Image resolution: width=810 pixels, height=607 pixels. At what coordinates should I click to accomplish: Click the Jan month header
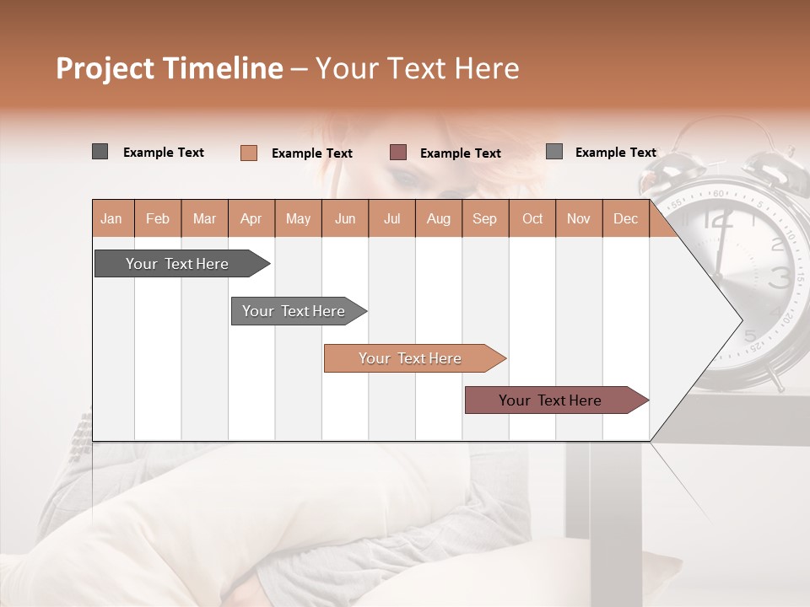(111, 218)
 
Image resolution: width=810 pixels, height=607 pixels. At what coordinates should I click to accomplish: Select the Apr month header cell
(251, 218)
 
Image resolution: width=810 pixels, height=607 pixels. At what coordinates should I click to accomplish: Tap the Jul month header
(391, 218)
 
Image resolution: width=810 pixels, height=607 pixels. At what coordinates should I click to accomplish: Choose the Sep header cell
(484, 218)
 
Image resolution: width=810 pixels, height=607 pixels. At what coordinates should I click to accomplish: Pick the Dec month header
(625, 218)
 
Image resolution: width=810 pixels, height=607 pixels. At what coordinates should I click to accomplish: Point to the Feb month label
(158, 218)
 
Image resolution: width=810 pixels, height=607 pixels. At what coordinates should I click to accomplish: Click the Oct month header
(532, 218)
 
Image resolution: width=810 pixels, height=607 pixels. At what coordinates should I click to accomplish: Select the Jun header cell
(345, 218)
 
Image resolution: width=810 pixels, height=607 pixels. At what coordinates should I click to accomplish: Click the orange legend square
(249, 153)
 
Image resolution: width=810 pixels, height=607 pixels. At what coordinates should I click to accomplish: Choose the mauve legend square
(398, 153)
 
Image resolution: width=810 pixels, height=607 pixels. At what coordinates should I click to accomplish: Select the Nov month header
(579, 218)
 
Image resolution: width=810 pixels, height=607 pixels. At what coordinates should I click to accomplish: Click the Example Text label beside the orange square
(312, 153)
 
